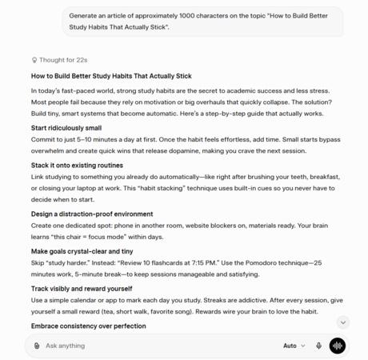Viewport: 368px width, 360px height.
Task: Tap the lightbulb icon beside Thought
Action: pyautogui.click(x=34, y=59)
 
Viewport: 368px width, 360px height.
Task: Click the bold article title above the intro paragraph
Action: pyautogui.click(x=111, y=76)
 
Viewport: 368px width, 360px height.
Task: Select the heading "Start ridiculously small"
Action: pyautogui.click(x=66, y=128)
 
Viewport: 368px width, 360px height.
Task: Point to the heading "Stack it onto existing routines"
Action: pyautogui.click(x=77, y=166)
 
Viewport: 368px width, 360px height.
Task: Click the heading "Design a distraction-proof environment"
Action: pyautogui.click(x=92, y=214)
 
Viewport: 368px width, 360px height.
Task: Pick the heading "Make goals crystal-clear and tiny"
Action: pyautogui.click(x=82, y=251)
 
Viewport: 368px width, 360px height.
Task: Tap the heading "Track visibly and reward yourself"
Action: pyautogui.click(x=82, y=288)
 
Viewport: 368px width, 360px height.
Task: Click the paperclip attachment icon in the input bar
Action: pyautogui.click(x=37, y=346)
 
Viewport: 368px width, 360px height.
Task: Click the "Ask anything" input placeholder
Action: pyautogui.click(x=65, y=346)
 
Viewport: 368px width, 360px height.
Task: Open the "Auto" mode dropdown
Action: pyautogui.click(x=294, y=346)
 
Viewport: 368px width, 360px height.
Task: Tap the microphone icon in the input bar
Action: pyautogui.click(x=318, y=346)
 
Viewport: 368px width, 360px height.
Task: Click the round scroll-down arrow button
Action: pyautogui.click(x=342, y=322)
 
